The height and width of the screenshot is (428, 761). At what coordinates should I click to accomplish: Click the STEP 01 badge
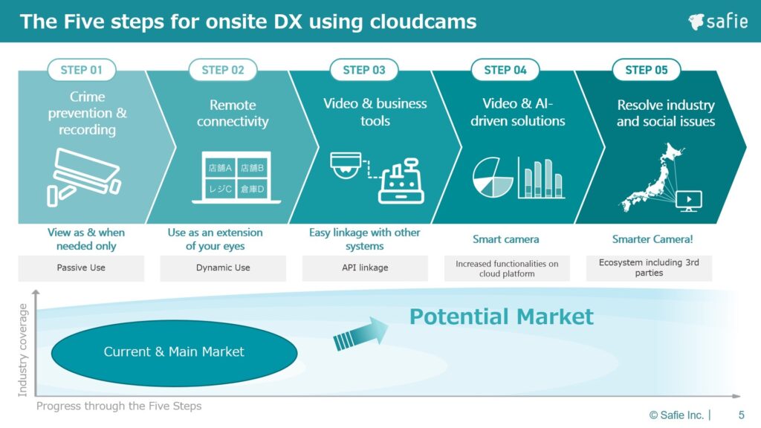click(x=82, y=70)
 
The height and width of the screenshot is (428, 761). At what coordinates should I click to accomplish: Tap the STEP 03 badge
click(x=364, y=70)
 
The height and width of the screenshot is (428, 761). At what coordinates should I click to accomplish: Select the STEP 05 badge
click(x=647, y=70)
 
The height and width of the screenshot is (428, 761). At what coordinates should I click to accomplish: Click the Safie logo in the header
click(x=718, y=22)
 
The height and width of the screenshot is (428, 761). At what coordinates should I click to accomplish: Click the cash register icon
click(x=401, y=181)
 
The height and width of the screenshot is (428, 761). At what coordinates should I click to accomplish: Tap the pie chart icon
click(x=493, y=177)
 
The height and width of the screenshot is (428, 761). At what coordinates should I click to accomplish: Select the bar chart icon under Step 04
click(x=541, y=178)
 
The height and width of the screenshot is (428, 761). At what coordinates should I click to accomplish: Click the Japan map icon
click(x=650, y=177)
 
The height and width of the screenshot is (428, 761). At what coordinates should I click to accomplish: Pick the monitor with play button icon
click(x=689, y=201)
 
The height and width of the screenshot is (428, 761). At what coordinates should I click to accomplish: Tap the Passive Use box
click(x=81, y=267)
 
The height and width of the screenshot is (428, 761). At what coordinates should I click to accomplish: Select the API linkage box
click(x=365, y=267)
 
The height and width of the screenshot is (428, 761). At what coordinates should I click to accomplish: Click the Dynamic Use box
click(x=223, y=267)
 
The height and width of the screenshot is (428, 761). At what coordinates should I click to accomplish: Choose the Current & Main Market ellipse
click(x=174, y=352)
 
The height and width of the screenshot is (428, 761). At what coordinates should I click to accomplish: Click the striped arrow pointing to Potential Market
click(x=360, y=334)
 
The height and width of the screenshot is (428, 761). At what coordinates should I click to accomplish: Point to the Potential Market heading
click(x=502, y=317)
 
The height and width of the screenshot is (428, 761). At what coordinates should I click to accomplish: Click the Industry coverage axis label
click(x=22, y=350)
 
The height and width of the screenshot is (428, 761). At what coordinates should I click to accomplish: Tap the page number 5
click(x=741, y=415)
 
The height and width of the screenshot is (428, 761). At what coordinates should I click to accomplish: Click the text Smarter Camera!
click(x=652, y=239)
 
